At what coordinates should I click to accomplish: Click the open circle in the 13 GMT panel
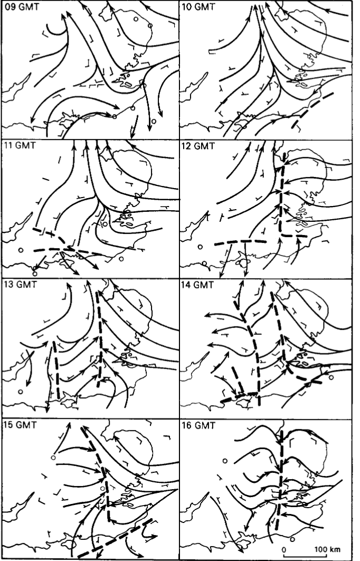21,391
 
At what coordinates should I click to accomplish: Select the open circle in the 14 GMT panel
331,378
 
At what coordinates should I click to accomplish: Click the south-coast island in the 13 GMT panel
68,401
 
